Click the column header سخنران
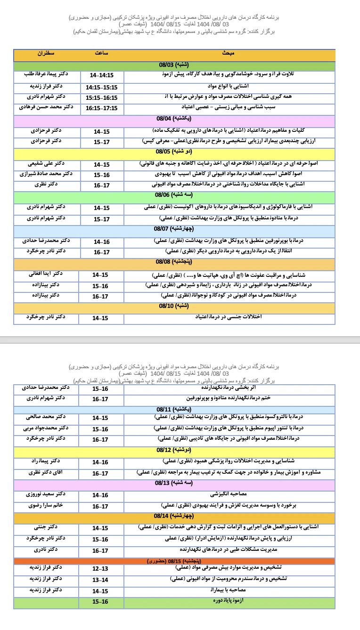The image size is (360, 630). [x=46, y=54]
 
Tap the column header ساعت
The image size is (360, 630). [x=101, y=54]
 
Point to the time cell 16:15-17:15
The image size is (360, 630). [x=101, y=108]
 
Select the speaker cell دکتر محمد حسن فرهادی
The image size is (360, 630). [x=46, y=107]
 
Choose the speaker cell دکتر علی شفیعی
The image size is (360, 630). [x=46, y=164]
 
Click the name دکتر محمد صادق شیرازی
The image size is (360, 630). [x=46, y=174]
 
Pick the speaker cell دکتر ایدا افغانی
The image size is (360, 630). [x=46, y=274]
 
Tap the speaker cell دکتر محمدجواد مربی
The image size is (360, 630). [x=46, y=428]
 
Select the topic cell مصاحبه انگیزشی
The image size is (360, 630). [x=229, y=494]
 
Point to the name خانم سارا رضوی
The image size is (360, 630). [x=46, y=505]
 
